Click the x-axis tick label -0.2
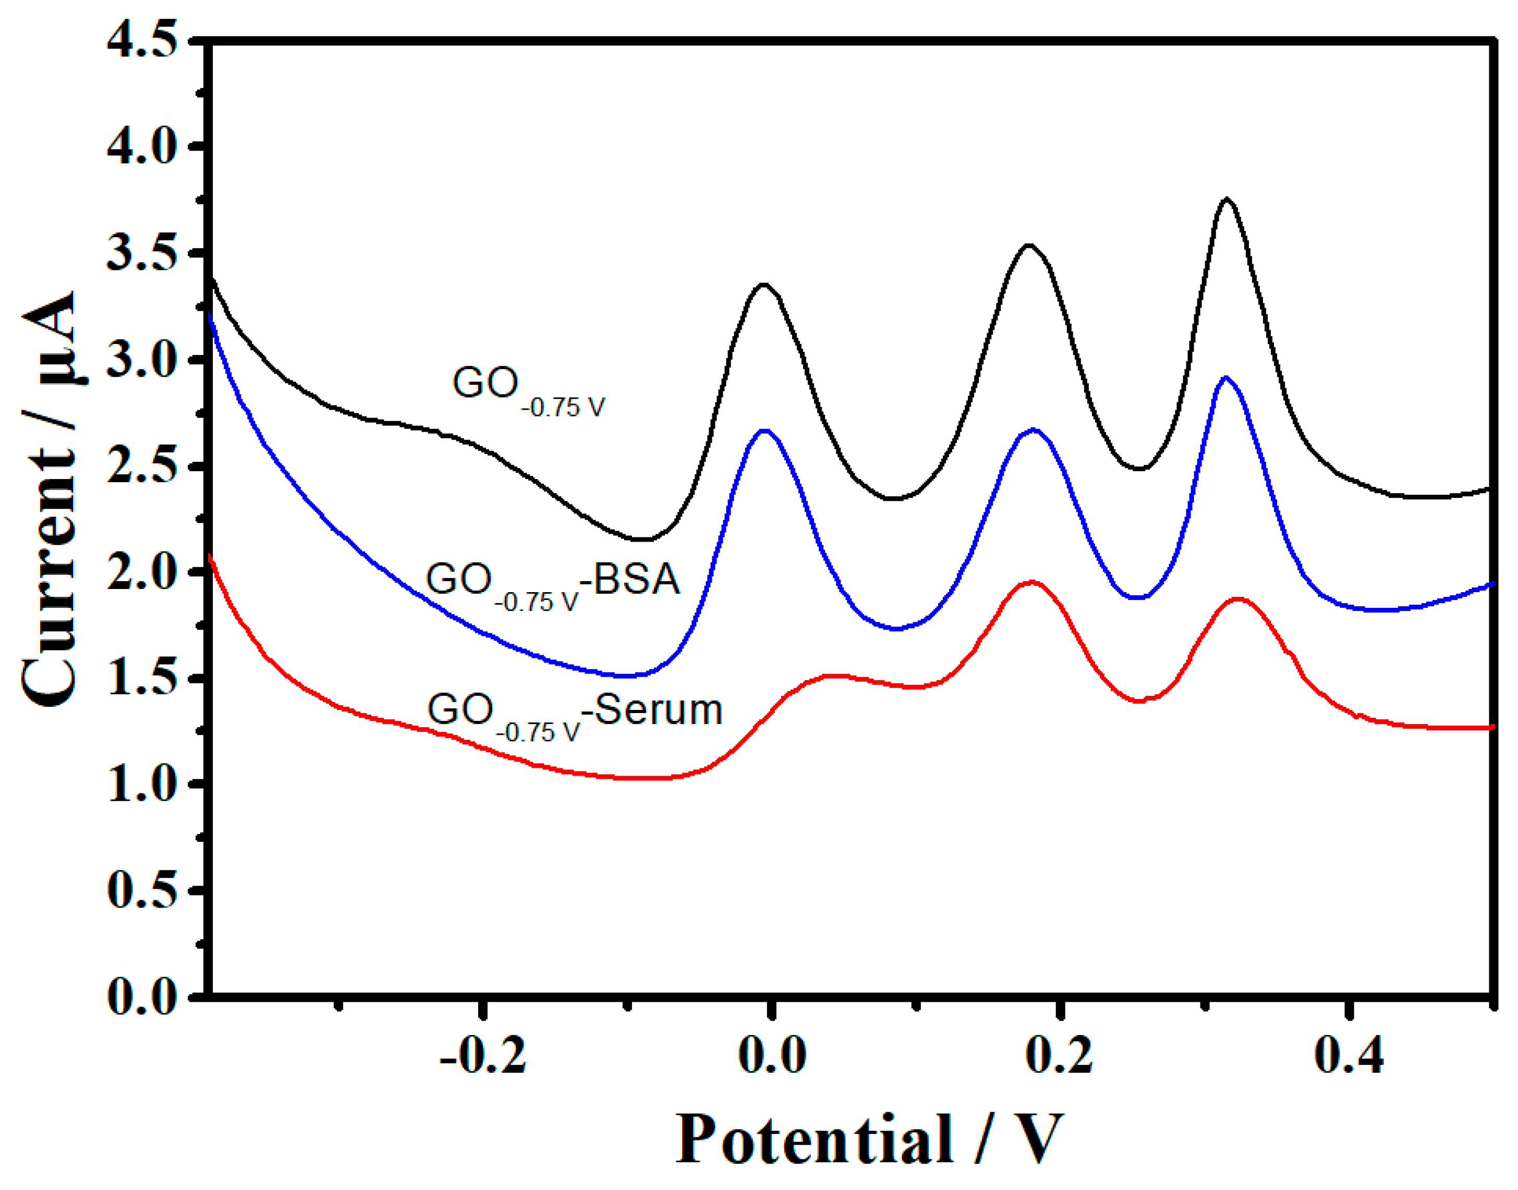tap(483, 1055)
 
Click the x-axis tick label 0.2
tap(1060, 1055)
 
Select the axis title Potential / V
tap(869, 1138)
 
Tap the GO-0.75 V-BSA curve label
tap(553, 584)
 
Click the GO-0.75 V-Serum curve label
tap(574, 715)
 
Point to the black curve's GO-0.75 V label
tap(528, 390)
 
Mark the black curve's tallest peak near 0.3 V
tap(1226, 200)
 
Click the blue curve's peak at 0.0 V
tap(766, 431)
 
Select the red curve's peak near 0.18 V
tap(1031, 581)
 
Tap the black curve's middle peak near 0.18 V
tap(1029, 246)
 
